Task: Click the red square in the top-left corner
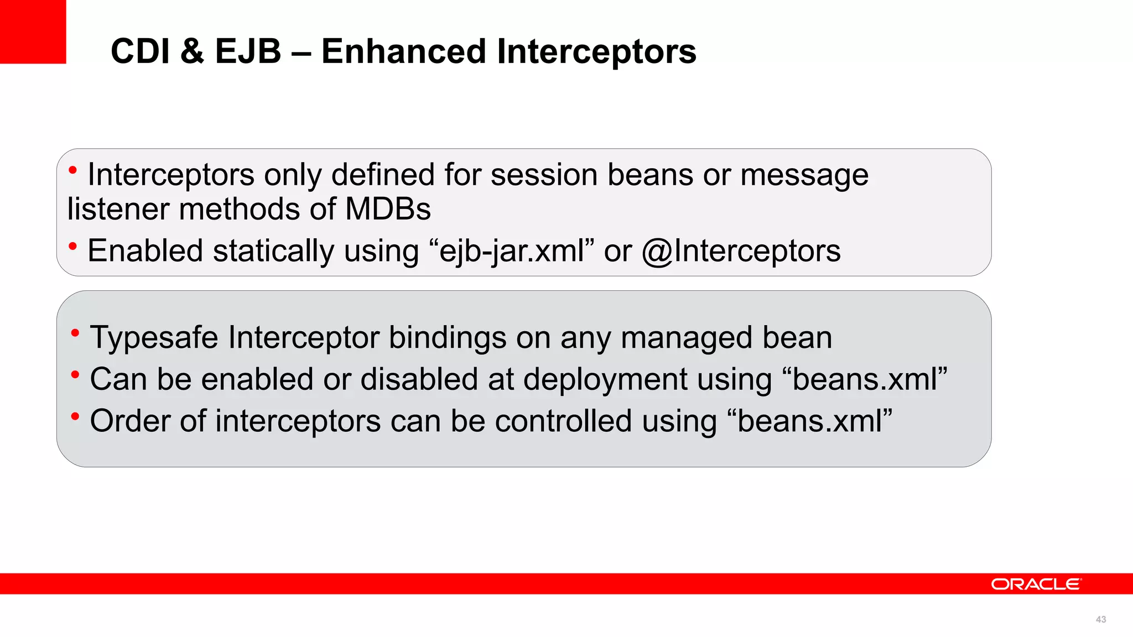(x=33, y=32)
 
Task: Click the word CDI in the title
(x=140, y=51)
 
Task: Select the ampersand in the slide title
(x=192, y=51)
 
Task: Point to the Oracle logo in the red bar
(x=1035, y=584)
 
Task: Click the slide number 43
(x=1100, y=620)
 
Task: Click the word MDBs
(x=388, y=210)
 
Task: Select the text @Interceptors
(x=741, y=251)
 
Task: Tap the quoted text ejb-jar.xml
(x=512, y=251)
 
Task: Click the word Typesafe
(x=154, y=338)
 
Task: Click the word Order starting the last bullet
(x=130, y=421)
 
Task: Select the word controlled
(x=563, y=421)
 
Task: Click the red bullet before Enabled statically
(x=72, y=246)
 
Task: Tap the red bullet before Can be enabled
(x=75, y=375)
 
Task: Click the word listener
(x=118, y=210)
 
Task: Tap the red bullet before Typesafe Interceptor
(x=75, y=333)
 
